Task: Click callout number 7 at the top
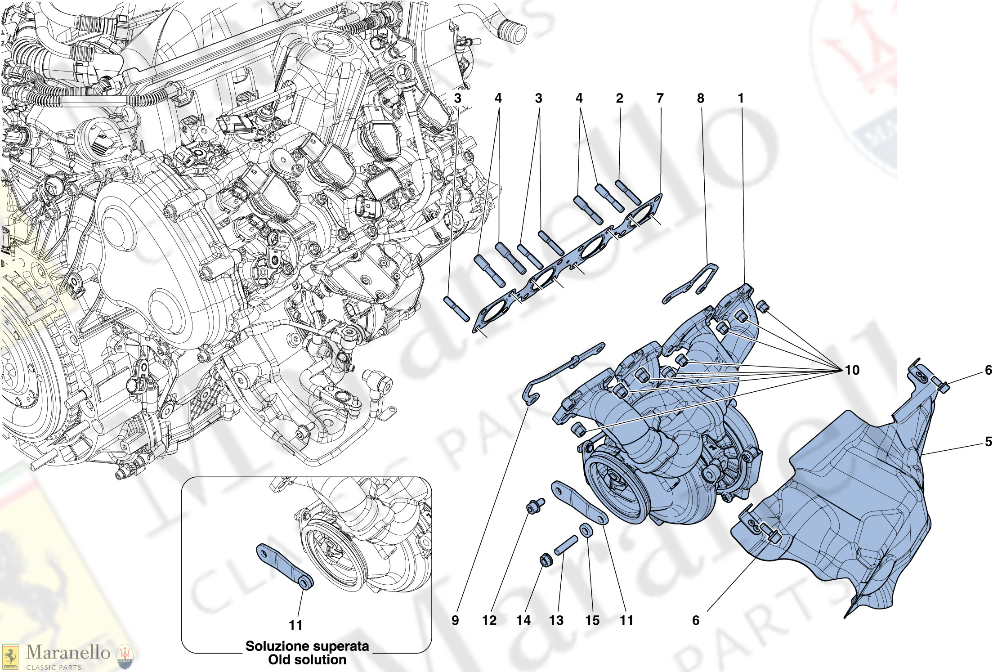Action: click(660, 98)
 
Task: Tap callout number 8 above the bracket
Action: click(700, 98)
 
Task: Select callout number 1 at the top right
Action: click(741, 98)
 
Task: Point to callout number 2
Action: click(619, 98)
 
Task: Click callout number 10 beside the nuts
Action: click(852, 370)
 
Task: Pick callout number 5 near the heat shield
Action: click(988, 441)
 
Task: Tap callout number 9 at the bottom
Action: click(455, 620)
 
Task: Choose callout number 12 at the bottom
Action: click(489, 620)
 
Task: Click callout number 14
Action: click(523, 620)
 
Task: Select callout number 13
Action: click(556, 620)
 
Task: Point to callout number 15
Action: click(592, 620)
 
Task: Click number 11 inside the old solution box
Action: click(295, 625)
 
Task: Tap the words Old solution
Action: click(307, 660)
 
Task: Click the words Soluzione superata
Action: click(307, 646)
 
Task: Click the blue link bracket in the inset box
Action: click(284, 565)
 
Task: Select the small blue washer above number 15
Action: click(586, 530)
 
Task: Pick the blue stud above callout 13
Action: click(566, 545)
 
